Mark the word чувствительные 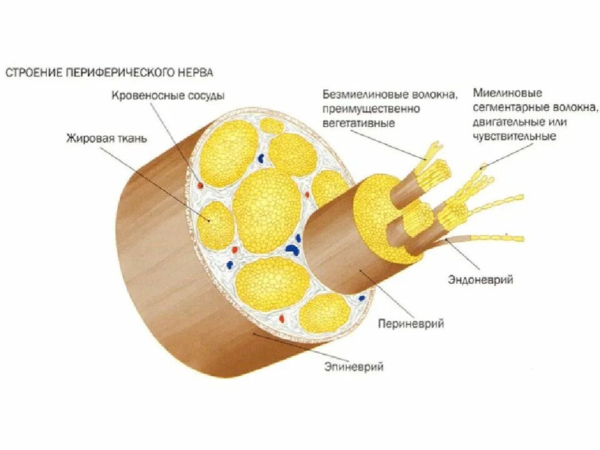(x=514, y=135)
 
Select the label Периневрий (x=411, y=324)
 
